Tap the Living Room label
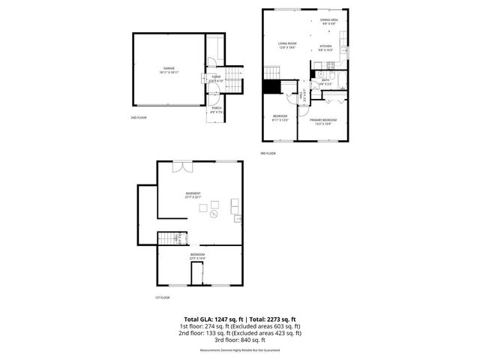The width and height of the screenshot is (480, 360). (x=288, y=44)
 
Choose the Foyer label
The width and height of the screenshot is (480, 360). (x=215, y=78)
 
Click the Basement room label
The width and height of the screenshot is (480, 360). (x=193, y=194)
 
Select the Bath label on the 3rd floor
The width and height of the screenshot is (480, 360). (x=325, y=82)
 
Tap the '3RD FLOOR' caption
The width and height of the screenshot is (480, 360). (x=268, y=153)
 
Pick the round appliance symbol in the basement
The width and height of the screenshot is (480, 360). (x=213, y=214)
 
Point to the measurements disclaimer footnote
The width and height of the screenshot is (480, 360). (x=239, y=350)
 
